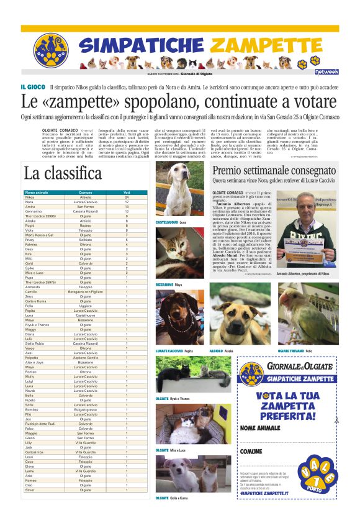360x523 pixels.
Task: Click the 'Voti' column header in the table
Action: (126, 193)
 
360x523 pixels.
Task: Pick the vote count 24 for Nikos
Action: (126, 198)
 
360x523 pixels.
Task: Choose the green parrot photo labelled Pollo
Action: (308, 314)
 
